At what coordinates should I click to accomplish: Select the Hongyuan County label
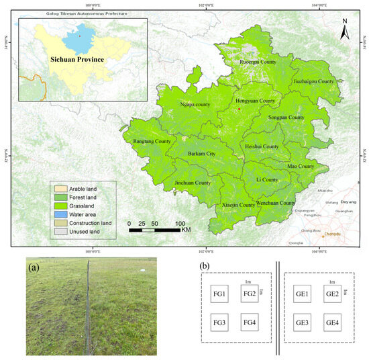[256, 101]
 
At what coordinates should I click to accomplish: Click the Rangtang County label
[148, 142]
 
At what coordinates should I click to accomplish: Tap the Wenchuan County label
[275, 203]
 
